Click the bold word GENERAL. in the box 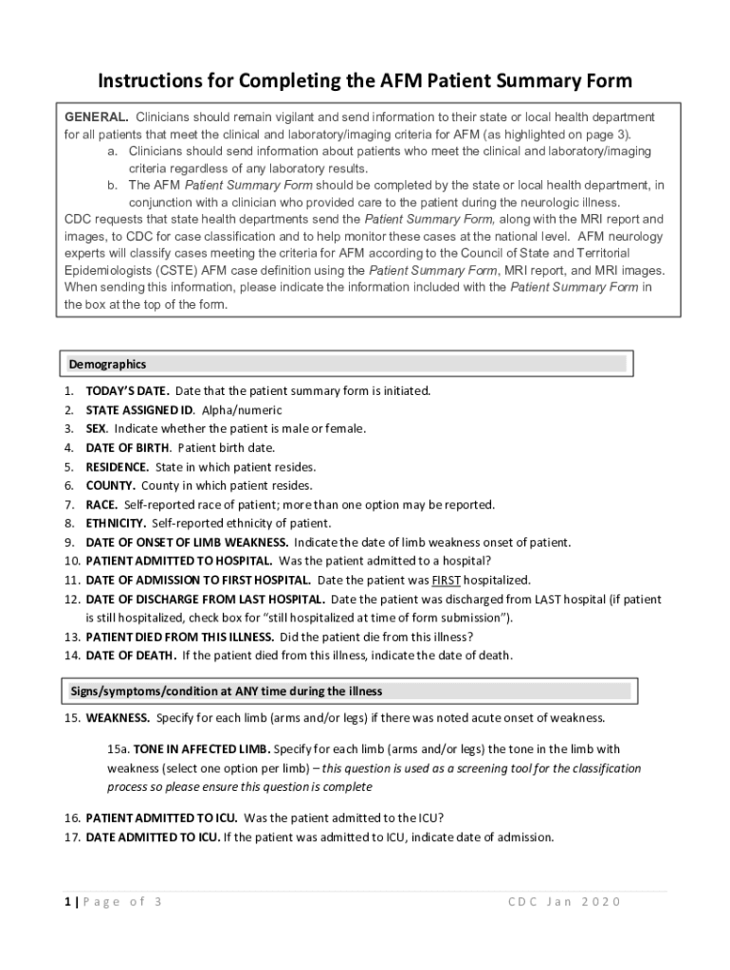[x=96, y=117]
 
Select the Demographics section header [x=107, y=364]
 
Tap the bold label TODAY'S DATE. [x=128, y=390]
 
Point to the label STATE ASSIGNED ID [x=140, y=409]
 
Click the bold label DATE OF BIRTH [x=128, y=447]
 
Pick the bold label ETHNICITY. [x=116, y=523]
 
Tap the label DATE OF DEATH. [x=131, y=655]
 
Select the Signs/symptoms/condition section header [x=226, y=691]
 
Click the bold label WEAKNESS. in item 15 [x=118, y=717]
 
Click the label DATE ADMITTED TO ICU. [x=153, y=836]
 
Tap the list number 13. [x=71, y=637]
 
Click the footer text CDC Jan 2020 [x=564, y=901]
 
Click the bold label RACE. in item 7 [x=101, y=504]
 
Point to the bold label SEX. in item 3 [x=97, y=428]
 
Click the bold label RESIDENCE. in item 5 [x=118, y=466]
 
